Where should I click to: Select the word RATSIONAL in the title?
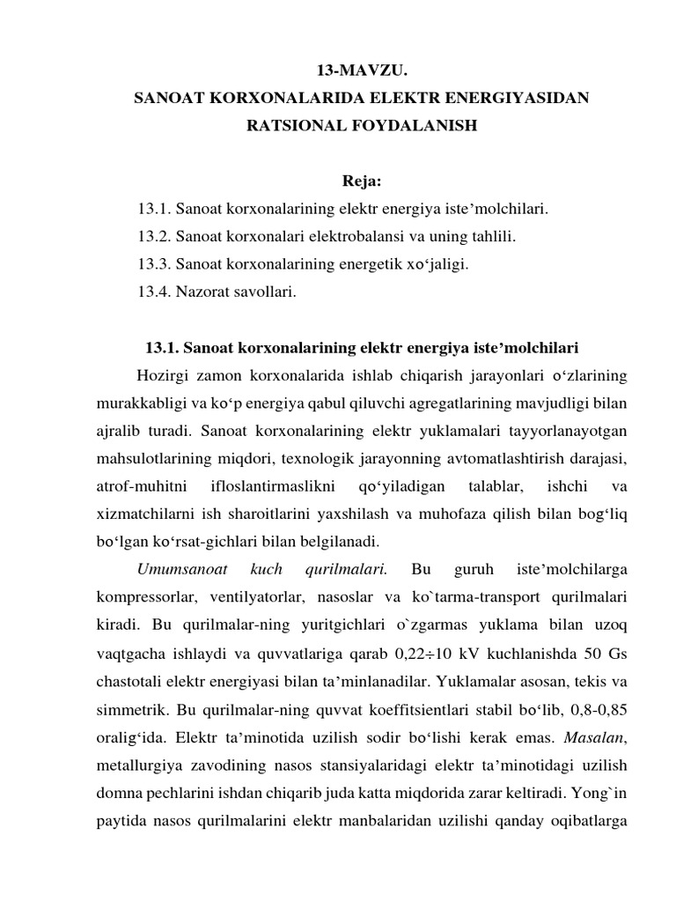point(293,126)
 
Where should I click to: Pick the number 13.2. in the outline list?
point(154,237)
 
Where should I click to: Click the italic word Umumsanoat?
point(176,568)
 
